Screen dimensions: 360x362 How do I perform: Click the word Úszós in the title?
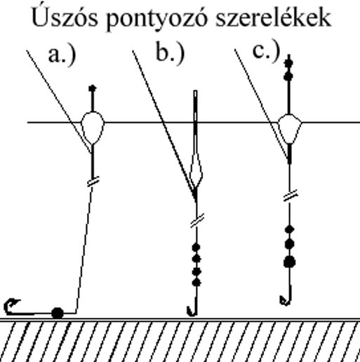point(65,18)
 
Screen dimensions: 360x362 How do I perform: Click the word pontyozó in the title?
point(157,20)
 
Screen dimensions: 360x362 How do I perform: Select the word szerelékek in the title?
point(273,17)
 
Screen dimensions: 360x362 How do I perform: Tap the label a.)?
point(62,55)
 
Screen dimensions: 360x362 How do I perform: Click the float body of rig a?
point(93,128)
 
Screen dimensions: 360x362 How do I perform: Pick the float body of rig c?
point(290,129)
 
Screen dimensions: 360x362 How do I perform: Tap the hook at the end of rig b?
point(193,307)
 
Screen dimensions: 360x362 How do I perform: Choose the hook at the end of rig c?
point(286,296)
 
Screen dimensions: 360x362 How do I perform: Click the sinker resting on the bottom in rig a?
point(58,313)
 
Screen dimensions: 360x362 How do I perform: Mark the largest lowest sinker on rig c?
point(290,262)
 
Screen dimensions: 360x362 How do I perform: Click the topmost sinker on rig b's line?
point(196,247)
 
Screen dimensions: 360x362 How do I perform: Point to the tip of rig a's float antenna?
point(93,88)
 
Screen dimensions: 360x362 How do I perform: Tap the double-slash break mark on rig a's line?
point(93,182)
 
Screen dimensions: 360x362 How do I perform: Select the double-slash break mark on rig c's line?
point(291,196)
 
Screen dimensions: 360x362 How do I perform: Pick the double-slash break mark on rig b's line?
point(197,220)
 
